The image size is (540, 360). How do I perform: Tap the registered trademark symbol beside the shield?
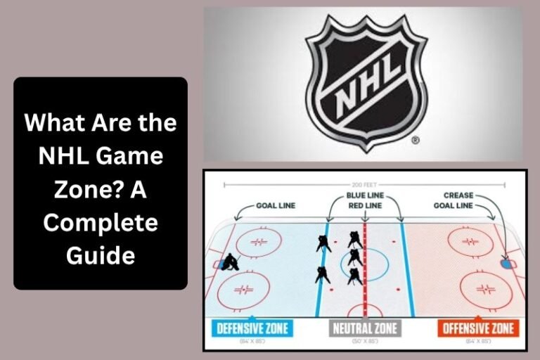click(415, 141)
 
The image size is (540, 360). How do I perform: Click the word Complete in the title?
click(100, 223)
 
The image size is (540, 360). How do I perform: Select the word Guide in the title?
click(100, 255)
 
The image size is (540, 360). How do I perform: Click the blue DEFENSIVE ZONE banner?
click(251, 328)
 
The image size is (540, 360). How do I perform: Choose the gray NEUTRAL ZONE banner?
click(364, 328)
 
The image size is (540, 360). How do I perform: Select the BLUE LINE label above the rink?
click(364, 195)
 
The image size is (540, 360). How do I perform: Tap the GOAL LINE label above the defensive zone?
click(276, 205)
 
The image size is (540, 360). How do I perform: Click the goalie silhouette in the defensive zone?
click(229, 263)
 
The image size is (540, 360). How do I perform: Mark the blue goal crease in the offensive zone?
click(506, 264)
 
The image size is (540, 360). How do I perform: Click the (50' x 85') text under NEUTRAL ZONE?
click(364, 341)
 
